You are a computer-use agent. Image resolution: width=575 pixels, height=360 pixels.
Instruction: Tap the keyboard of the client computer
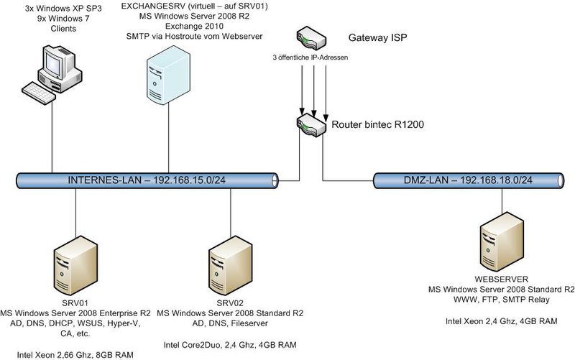39,92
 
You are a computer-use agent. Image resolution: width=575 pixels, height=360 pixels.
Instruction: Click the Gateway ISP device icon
311,38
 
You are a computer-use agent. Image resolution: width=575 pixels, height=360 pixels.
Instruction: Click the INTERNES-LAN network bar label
147,180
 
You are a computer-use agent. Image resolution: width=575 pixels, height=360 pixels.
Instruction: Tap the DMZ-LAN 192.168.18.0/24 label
468,180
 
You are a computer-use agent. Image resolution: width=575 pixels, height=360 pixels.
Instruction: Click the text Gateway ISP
378,37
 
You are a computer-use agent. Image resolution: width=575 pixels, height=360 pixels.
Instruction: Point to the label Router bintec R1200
378,124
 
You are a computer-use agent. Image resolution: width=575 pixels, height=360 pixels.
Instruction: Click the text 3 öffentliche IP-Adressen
310,57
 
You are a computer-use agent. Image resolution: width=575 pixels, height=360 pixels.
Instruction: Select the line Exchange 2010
194,27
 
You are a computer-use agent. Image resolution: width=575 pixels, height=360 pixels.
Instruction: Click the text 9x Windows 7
63,19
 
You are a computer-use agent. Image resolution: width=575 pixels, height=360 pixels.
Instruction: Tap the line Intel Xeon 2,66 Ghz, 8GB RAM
75,355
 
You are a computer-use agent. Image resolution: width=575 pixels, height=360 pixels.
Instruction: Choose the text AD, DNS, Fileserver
230,323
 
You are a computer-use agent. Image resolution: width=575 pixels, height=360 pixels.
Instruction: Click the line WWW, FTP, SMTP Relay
502,300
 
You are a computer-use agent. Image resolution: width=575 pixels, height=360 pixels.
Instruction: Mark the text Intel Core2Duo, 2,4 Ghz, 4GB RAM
230,345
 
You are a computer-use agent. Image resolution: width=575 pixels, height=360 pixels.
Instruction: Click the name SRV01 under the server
75,303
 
